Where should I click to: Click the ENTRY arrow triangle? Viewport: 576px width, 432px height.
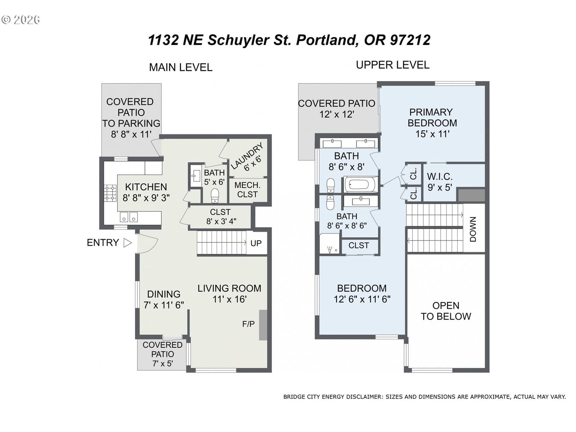coord(127,243)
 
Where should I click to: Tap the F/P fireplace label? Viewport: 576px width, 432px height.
coord(248,324)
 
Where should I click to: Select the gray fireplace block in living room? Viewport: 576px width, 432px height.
coord(263,325)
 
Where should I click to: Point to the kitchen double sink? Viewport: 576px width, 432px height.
coord(129,217)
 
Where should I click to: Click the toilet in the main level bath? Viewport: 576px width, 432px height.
coord(215,195)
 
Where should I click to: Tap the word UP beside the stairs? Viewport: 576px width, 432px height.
coord(256,243)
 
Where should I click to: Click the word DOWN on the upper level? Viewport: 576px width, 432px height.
coord(473,229)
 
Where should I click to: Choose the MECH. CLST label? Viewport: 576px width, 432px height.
coord(247,190)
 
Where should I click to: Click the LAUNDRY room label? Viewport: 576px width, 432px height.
coord(247,157)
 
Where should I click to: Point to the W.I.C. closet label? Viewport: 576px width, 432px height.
coord(440,176)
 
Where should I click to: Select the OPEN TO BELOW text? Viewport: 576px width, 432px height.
coord(446,311)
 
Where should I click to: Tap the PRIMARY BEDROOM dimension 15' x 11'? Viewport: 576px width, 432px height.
coord(432,134)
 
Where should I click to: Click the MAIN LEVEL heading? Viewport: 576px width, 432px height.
coord(181,67)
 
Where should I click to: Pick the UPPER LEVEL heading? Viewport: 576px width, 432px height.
coord(392,65)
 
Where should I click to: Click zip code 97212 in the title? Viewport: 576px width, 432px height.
coord(410,40)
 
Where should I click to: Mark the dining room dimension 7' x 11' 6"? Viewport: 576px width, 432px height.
coord(164,305)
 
